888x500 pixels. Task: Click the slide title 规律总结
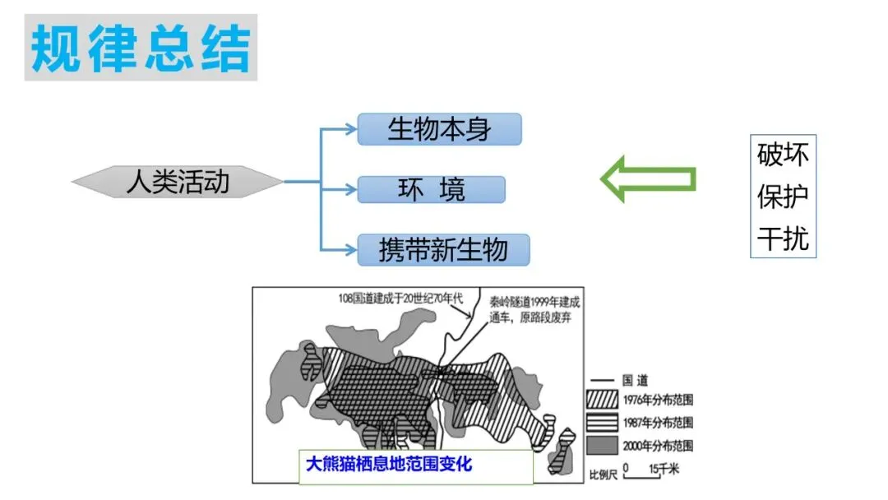(x=141, y=48)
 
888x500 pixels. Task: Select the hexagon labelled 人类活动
(x=178, y=181)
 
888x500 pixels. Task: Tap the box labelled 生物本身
(x=439, y=129)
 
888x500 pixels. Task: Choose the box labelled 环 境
(x=431, y=190)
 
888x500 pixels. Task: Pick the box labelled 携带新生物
(x=443, y=249)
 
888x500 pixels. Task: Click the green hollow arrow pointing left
(x=648, y=178)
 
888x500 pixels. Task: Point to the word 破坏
(x=783, y=155)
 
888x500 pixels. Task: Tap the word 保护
(x=783, y=197)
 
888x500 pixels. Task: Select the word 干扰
(x=783, y=239)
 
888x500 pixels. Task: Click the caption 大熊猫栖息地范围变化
(x=389, y=464)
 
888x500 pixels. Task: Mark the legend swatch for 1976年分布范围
(x=604, y=400)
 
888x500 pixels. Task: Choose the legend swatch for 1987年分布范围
(x=604, y=423)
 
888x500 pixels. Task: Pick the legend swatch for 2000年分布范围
(x=604, y=446)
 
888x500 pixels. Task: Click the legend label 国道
(x=636, y=381)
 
